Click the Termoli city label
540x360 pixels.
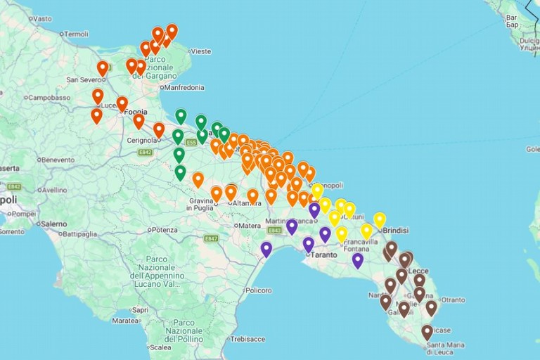[x=76, y=34]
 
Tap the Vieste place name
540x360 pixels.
[x=200, y=51]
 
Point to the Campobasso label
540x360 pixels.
[x=49, y=98]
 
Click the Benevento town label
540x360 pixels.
[x=58, y=160]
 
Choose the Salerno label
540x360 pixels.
[x=53, y=224]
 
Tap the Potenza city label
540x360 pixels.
[x=164, y=230]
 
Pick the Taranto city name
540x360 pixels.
[x=323, y=255]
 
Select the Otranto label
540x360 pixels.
[x=452, y=300]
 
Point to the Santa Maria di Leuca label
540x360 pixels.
[x=445, y=349]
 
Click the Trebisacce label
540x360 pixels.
[x=247, y=339]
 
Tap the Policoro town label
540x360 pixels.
[x=259, y=290]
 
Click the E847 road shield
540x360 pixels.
[x=211, y=239]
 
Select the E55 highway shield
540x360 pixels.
[x=191, y=143]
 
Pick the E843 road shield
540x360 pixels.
[x=275, y=230]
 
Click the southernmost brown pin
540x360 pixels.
[x=427, y=331]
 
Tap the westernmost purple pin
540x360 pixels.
[x=266, y=248]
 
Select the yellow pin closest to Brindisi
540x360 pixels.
[x=380, y=219]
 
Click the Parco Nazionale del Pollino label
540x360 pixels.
[x=184, y=330]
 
